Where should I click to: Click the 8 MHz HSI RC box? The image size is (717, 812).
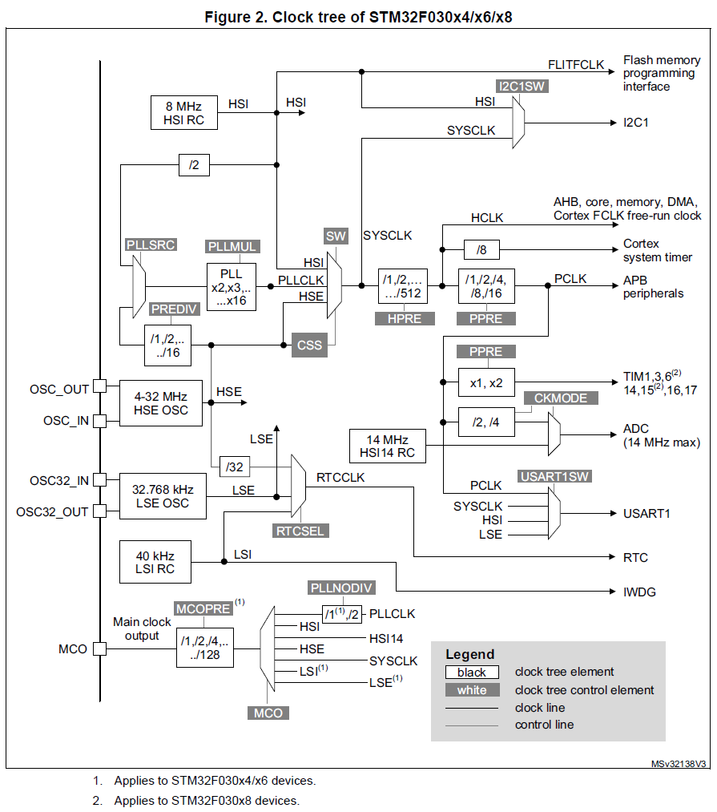point(184,113)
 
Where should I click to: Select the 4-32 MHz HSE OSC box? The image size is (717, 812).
point(160,402)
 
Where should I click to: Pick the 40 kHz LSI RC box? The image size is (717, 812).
point(155,562)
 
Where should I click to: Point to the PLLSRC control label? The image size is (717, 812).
point(151,244)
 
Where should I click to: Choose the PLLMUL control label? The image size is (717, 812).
point(232,247)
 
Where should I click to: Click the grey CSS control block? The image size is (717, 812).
point(309,345)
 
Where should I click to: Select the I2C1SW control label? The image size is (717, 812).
point(522,87)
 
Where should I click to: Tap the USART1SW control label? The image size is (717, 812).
point(554,476)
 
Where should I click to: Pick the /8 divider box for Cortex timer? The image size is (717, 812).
point(481,250)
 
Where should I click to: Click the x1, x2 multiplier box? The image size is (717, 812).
point(485,382)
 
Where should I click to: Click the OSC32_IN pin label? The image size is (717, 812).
point(58,480)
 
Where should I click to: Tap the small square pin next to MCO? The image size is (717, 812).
point(99,648)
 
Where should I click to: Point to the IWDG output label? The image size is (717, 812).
point(638,592)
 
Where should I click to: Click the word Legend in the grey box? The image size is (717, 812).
point(470,654)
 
